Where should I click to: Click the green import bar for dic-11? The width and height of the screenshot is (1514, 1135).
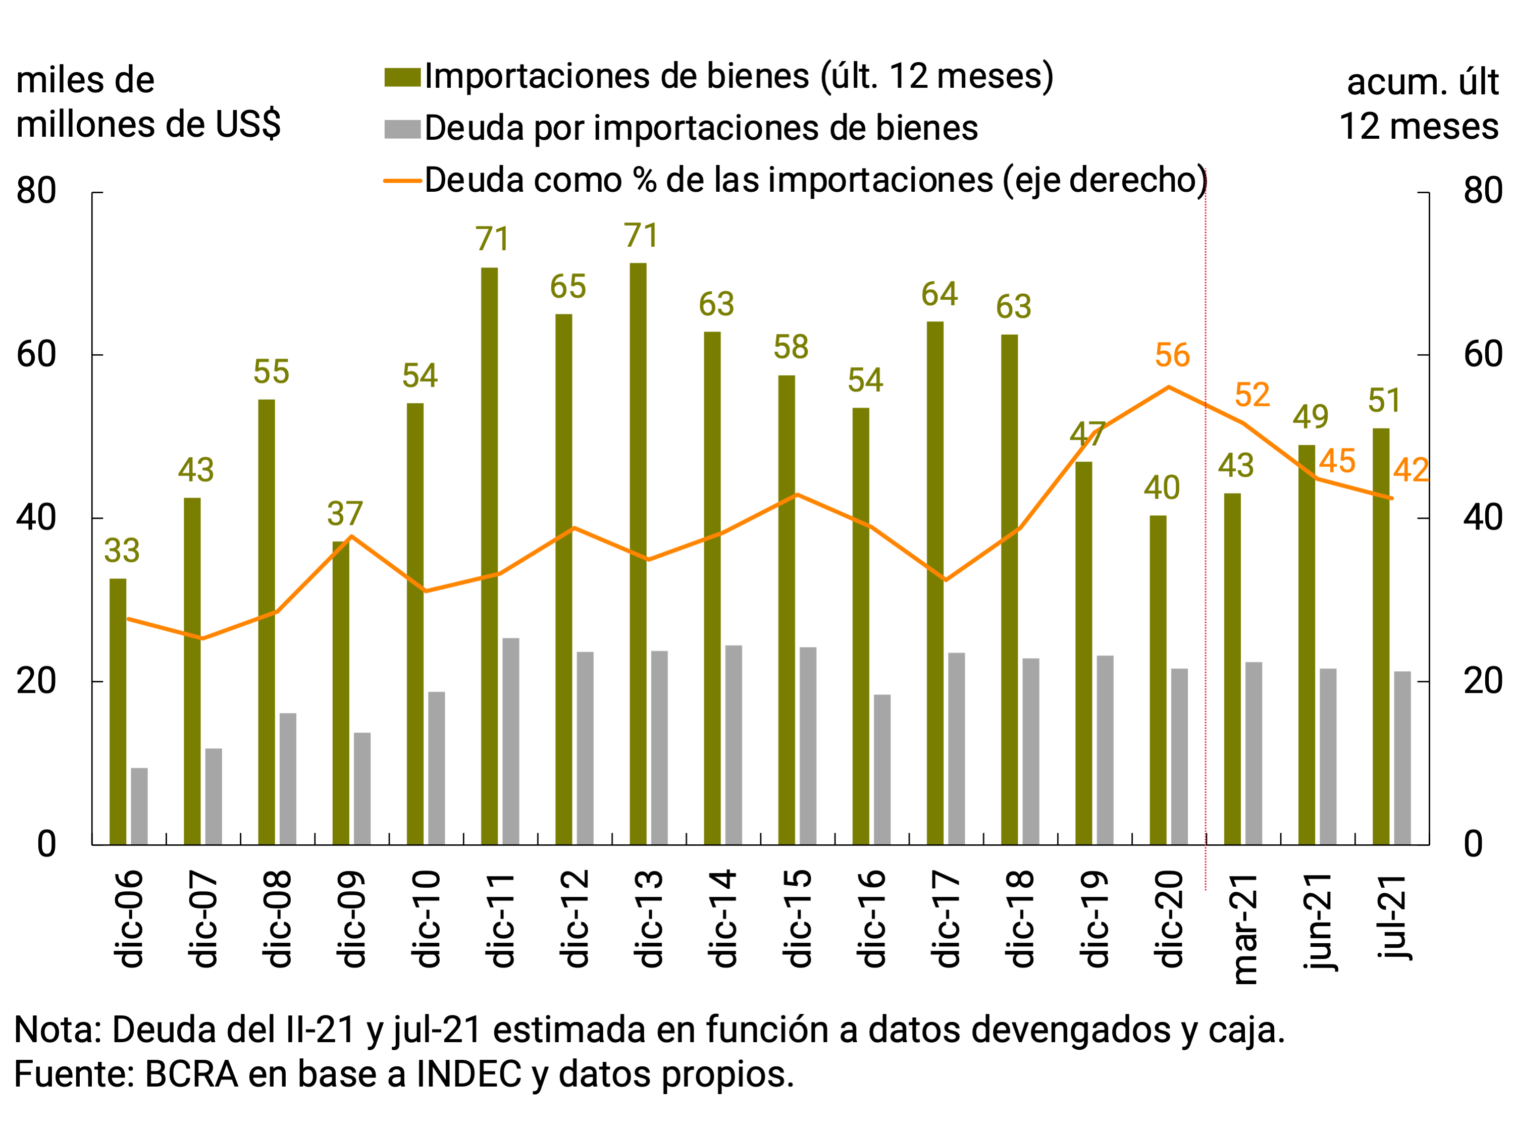489,556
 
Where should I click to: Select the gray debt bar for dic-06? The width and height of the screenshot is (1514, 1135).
139,806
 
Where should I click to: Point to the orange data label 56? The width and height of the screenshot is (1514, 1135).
1172,356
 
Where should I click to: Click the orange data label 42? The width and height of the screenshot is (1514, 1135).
1411,470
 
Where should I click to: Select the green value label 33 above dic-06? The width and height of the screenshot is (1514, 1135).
122,551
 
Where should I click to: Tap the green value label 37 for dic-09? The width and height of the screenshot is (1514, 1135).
344,514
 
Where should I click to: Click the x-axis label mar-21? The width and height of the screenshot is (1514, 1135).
1245,929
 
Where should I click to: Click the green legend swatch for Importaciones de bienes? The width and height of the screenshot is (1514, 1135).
402,77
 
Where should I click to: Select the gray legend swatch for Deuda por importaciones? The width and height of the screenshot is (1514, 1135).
402,129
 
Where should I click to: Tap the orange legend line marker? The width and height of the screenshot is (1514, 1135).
402,181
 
